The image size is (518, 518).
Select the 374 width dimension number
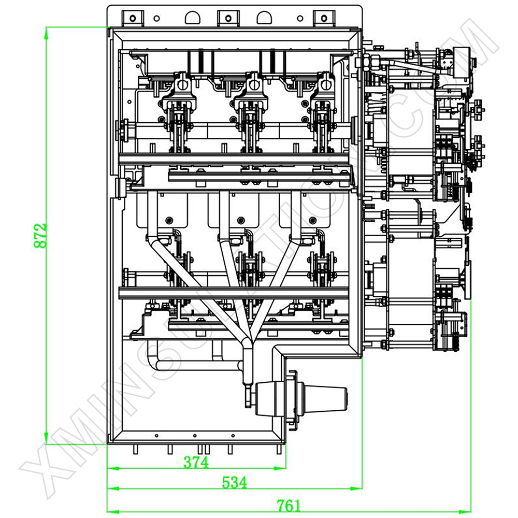coord(196,462)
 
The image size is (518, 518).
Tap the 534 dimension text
coord(235,482)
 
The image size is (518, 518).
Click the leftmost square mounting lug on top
coord(133,18)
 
